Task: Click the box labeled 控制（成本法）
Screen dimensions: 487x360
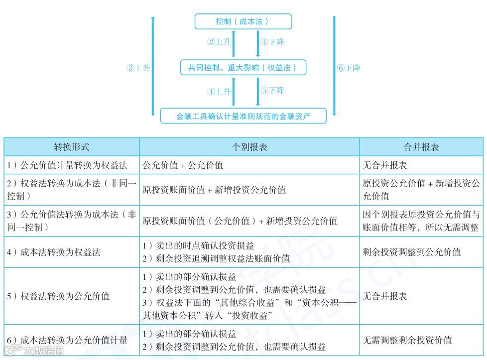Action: [243, 21]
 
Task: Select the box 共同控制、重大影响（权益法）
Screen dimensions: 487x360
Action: [243, 68]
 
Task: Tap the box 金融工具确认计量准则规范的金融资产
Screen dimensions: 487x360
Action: [243, 116]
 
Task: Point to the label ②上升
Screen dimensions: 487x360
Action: [219, 42]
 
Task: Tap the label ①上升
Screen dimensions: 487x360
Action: [219, 92]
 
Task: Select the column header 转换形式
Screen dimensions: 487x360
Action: [72, 147]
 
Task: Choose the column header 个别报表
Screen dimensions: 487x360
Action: [249, 147]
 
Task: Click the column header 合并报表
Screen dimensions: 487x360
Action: [421, 147]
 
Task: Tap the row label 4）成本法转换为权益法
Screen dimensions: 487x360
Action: [54, 252]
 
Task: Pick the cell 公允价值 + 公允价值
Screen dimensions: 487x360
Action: [183, 165]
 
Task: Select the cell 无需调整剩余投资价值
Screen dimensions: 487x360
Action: [407, 340]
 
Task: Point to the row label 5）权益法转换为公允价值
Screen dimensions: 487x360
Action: [58, 296]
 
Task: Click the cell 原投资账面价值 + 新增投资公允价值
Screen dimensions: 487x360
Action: [214, 190]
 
